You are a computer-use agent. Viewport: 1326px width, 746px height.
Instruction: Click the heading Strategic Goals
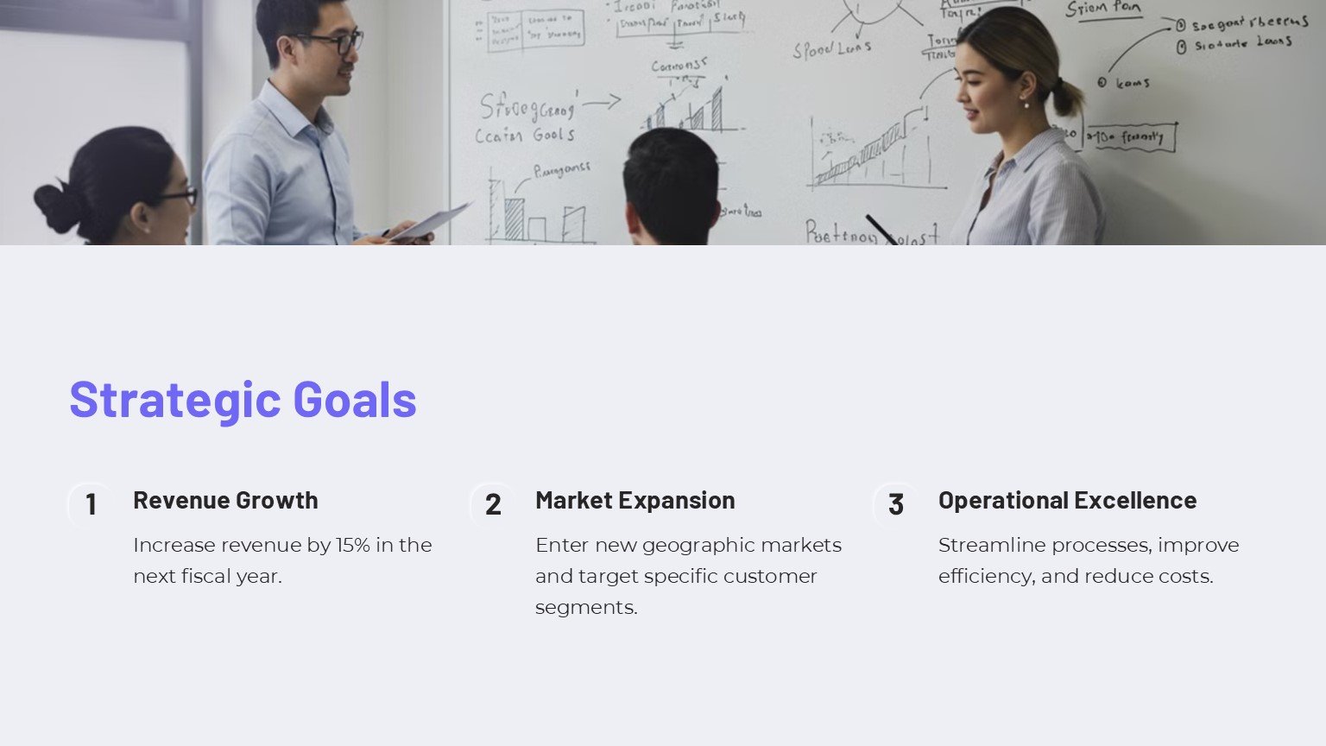[243, 399]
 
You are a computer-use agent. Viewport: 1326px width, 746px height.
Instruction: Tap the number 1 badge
[91, 504]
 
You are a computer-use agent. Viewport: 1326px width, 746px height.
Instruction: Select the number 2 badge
[493, 504]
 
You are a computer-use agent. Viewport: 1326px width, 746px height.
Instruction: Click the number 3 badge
[896, 504]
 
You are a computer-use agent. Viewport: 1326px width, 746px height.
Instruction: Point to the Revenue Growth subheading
[225, 500]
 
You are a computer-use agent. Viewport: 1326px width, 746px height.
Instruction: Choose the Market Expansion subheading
[635, 500]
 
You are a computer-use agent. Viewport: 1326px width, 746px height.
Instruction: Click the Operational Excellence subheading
[1067, 500]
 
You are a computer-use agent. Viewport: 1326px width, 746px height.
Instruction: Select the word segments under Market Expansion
[586, 607]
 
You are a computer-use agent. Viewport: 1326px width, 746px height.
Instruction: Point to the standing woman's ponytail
[1067, 96]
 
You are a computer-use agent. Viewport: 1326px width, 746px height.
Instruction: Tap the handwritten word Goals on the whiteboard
[553, 135]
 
